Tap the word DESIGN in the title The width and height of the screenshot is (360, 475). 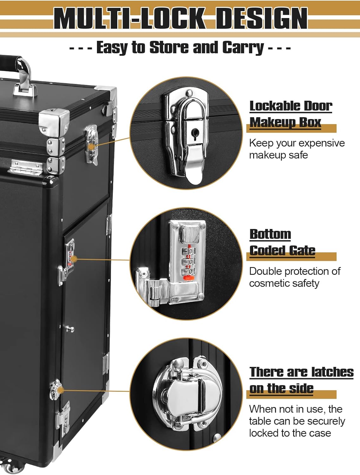263,18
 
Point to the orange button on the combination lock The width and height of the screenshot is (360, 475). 189,278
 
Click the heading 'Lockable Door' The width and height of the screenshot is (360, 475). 291,106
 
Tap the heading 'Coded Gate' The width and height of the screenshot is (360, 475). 282,250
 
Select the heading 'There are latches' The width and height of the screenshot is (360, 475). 301,372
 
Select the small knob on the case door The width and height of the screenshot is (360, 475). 71,329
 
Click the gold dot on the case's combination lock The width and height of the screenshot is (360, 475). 73,259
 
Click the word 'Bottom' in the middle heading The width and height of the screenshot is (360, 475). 270,234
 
